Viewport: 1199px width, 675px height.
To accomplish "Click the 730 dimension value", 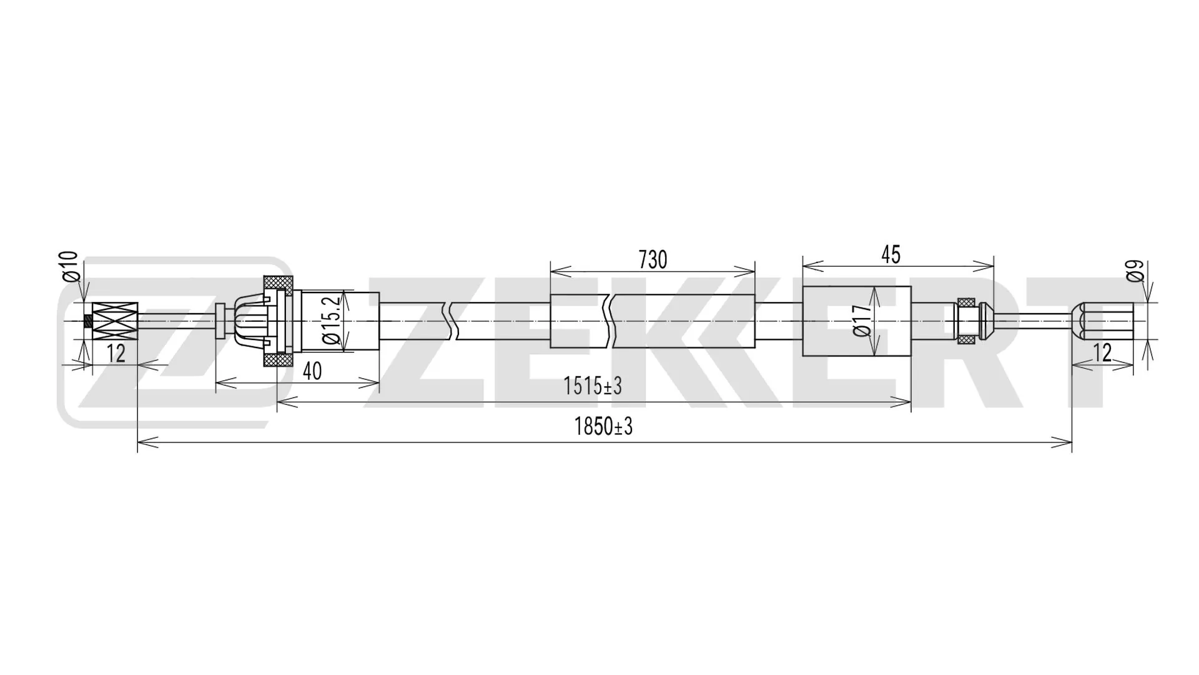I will pos(653,259).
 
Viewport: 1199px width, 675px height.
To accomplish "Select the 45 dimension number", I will pos(891,255).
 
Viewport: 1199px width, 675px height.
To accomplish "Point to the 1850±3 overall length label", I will pos(603,427).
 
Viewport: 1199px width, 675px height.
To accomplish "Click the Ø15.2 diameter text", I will pos(332,320).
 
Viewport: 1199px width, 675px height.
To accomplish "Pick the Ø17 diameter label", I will pos(862,321).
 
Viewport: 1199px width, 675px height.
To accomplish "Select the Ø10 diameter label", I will pos(70,267).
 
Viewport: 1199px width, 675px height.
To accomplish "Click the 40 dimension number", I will pos(312,371).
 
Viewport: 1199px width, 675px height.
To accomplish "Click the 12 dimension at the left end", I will pos(116,354).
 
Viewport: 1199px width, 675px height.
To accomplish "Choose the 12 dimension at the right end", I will pos(1103,354).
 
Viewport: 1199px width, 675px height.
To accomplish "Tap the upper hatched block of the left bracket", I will pos(278,284).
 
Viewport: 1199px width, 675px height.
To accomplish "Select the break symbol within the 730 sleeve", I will pos(609,321).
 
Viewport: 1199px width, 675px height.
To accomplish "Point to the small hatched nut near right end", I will pos(966,321).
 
